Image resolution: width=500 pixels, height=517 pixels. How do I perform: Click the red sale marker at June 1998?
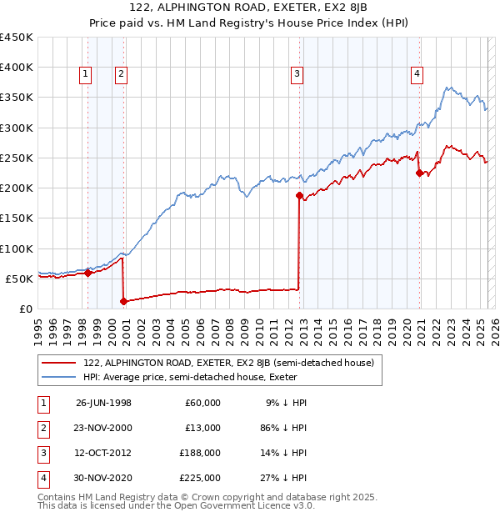(x=87, y=273)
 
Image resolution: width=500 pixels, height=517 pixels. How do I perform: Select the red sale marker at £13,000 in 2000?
(x=123, y=301)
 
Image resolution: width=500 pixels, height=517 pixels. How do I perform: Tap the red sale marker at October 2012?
(x=298, y=195)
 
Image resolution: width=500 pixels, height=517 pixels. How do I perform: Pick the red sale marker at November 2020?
(x=419, y=173)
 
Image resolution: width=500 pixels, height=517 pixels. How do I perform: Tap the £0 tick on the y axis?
(x=25, y=309)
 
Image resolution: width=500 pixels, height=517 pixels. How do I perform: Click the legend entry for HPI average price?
(x=201, y=377)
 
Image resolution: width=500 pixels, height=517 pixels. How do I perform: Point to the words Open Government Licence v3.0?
(x=241, y=505)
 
